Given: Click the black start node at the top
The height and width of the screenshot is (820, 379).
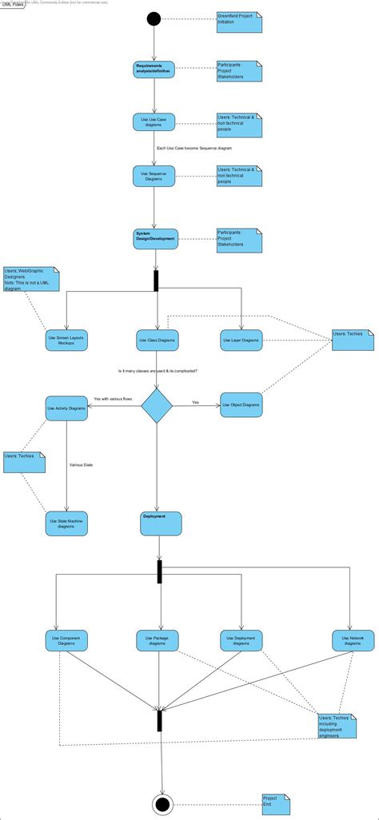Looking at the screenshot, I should (x=154, y=18).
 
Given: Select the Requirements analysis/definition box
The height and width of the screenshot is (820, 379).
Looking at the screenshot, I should (x=154, y=70).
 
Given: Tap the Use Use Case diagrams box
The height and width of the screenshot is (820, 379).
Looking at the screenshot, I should (x=154, y=122).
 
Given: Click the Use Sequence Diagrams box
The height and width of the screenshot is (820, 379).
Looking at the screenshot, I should (x=154, y=176).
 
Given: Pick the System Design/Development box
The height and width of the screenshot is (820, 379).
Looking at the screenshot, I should (x=155, y=237).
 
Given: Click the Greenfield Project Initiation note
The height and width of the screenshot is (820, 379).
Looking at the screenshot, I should (x=239, y=22).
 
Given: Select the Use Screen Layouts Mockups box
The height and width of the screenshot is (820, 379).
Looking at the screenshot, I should (x=66, y=340).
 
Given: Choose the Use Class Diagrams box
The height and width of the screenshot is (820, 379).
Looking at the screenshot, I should (x=157, y=340).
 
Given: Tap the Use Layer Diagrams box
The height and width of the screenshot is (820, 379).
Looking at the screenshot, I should (x=241, y=340).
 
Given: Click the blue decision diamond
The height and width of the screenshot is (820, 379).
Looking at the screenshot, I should (x=157, y=406).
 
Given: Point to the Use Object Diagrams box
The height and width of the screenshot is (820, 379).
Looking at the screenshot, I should (x=241, y=405).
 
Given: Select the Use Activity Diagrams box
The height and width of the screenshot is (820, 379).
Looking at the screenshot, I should (x=66, y=408).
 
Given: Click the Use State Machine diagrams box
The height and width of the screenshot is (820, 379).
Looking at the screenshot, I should (x=66, y=523).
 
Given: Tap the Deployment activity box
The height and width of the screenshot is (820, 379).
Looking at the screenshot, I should (x=161, y=523).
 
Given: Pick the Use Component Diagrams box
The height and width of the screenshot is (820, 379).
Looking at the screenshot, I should (x=66, y=640).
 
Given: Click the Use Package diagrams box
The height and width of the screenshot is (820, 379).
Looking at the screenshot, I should (x=158, y=640).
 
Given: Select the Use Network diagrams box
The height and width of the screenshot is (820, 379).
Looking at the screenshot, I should (x=353, y=640).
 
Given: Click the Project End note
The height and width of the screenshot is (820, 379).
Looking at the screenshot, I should (x=275, y=803).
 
